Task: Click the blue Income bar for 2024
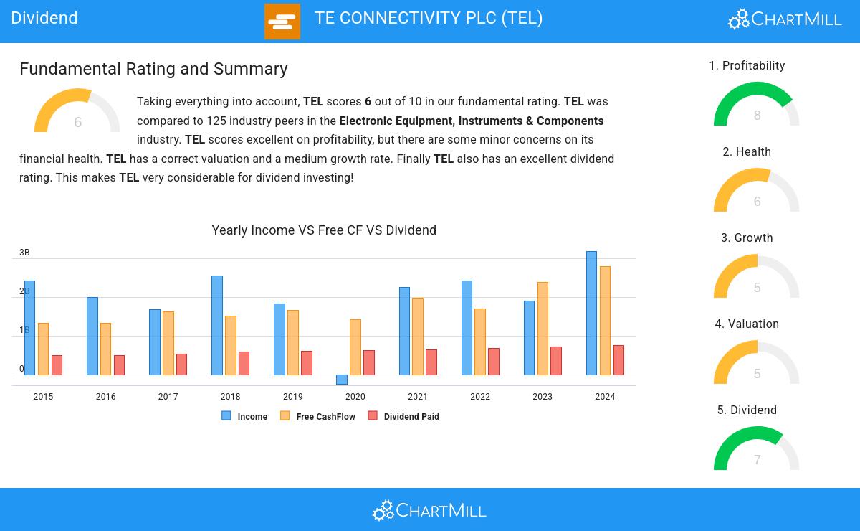pos(591,313)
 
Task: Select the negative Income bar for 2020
pos(341,380)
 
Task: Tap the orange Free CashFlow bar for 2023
pos(543,329)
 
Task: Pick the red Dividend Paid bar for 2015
pos(57,365)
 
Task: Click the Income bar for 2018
pos(216,325)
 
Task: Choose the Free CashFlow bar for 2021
pos(417,337)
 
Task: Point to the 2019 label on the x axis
pos(292,397)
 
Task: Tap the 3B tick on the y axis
pos(24,253)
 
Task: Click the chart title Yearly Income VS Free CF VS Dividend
pos(324,230)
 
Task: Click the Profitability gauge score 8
pos(757,116)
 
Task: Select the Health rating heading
pos(747,152)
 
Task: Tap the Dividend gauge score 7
pos(757,460)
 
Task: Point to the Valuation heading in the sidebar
pos(747,324)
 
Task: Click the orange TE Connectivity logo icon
pos(282,22)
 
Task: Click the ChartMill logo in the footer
pos(429,510)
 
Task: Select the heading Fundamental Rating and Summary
pos(153,69)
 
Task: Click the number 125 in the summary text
pos(216,121)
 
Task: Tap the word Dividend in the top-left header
pos(44,18)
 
